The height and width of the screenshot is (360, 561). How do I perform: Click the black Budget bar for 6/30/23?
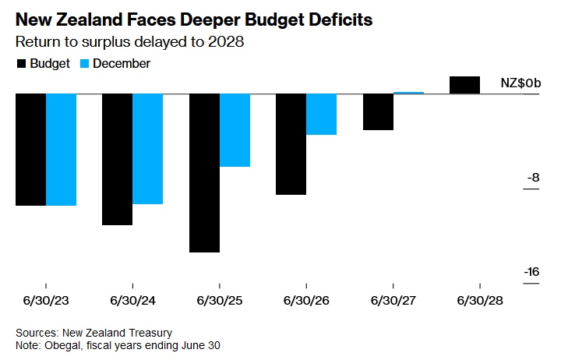tap(30, 150)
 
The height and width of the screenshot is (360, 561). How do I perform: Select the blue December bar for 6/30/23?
tap(61, 150)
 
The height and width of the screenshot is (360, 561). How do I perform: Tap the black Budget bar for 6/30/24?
tap(117, 160)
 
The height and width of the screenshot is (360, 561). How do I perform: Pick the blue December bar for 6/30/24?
tap(147, 149)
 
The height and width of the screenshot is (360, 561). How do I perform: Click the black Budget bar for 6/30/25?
tap(204, 173)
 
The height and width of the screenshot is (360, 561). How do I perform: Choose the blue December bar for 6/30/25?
tap(235, 130)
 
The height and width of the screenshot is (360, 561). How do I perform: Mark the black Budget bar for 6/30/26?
tap(291, 144)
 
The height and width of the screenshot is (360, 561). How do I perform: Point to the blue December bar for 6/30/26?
tap(321, 115)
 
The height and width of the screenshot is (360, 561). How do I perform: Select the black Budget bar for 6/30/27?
tap(378, 112)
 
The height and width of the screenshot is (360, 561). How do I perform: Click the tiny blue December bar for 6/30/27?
tap(408, 93)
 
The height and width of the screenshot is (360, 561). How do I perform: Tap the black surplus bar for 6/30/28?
tap(464, 85)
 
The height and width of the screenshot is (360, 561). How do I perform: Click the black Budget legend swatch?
tap(20, 64)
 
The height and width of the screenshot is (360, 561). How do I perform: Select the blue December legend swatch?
tap(85, 64)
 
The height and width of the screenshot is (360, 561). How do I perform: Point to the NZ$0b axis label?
tap(520, 83)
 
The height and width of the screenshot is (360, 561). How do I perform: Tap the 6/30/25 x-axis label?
tap(220, 300)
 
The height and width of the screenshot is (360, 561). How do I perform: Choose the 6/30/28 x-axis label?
tap(480, 300)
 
